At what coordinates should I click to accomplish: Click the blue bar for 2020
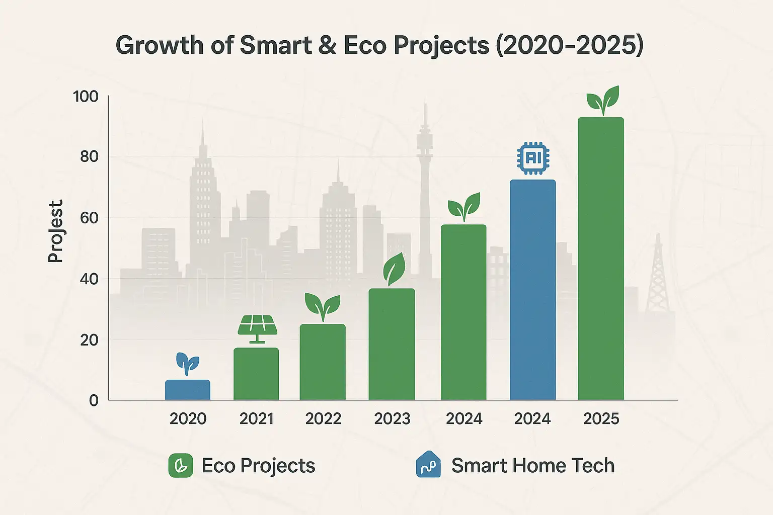(187, 390)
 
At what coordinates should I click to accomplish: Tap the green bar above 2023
(392, 345)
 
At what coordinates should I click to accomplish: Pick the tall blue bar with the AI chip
(532, 290)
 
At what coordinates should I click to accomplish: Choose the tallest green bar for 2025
(600, 259)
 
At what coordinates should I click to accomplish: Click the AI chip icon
(533, 158)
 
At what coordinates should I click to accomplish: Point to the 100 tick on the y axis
(86, 96)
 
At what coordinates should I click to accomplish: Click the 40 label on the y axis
(89, 279)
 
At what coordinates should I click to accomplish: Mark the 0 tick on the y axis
(94, 400)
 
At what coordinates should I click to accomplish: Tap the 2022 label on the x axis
(323, 418)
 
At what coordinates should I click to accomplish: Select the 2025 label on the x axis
(601, 418)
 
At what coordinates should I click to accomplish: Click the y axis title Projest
(56, 231)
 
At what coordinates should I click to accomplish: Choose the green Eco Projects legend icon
(181, 465)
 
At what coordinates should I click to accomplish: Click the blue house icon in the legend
(428, 464)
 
